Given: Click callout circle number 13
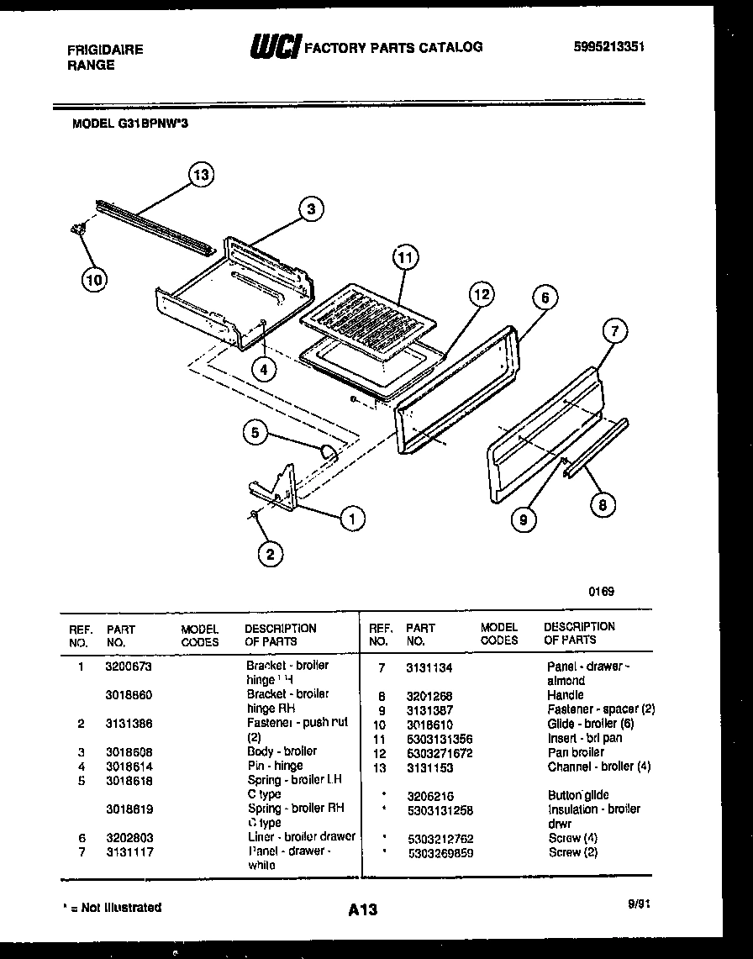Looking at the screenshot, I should click(x=199, y=175).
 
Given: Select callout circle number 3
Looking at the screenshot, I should click(x=310, y=209).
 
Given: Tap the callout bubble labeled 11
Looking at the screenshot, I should click(x=405, y=258).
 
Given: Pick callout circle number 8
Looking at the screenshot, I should click(x=602, y=504).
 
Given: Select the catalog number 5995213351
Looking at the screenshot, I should click(x=608, y=47).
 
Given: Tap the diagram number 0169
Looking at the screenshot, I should click(x=601, y=591).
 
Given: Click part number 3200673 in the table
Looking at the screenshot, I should click(x=129, y=666).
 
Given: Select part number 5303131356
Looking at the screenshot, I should click(x=439, y=739).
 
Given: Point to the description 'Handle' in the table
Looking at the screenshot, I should click(x=565, y=695).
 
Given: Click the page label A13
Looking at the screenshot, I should click(x=362, y=909).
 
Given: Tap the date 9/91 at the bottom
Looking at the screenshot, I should click(x=639, y=904).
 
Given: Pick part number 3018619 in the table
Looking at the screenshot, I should click(x=129, y=809).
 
